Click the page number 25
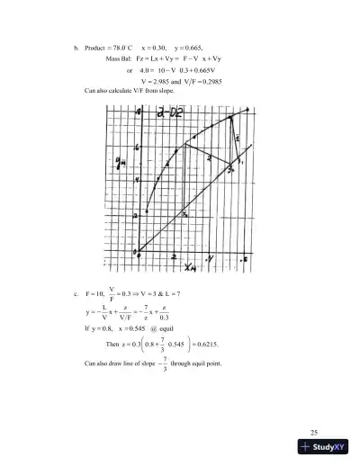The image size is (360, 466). click(313, 434)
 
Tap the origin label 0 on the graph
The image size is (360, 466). click(136, 254)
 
